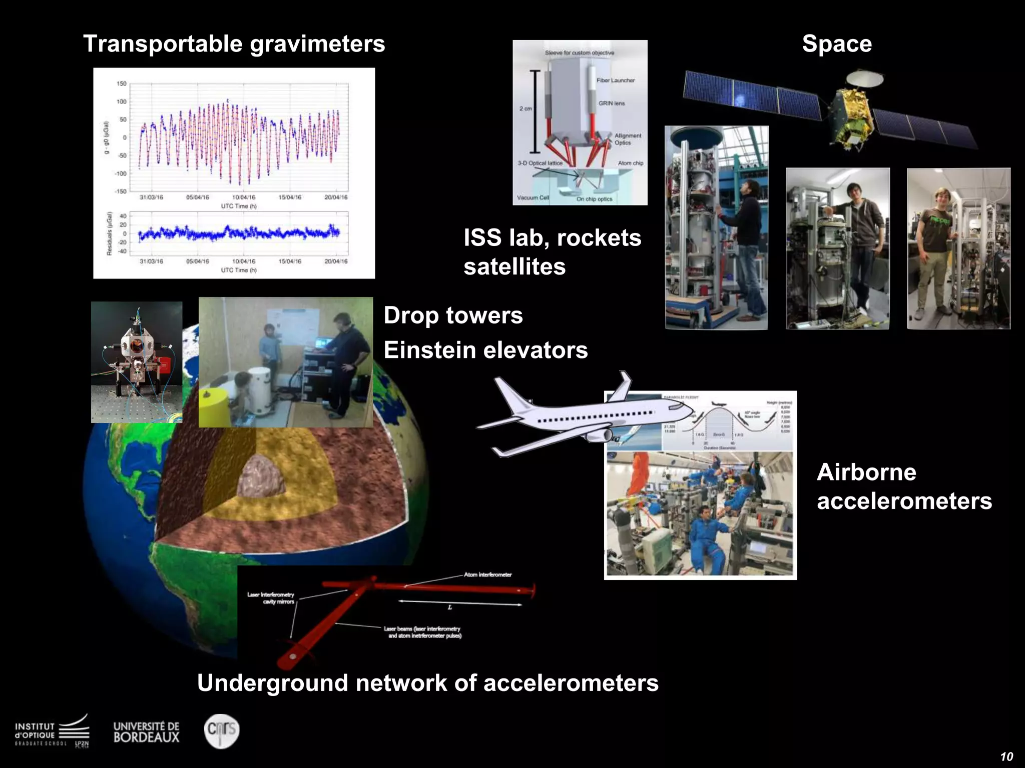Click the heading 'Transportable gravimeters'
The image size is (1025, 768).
point(234,44)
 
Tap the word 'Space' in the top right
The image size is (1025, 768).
point(837,44)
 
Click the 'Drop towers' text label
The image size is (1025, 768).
point(453,315)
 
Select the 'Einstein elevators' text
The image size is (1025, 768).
point(485,350)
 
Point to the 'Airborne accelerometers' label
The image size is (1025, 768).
point(904,486)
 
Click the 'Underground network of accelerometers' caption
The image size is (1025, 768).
point(428,683)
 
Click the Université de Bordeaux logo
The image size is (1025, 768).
point(146,732)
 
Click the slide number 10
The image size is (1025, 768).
point(1006,756)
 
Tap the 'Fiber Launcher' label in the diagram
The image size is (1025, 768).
point(615,80)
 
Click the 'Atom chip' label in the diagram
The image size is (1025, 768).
point(630,163)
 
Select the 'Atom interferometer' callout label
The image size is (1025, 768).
point(487,574)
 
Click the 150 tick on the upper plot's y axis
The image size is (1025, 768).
point(122,83)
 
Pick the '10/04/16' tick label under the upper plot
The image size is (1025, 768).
point(244,197)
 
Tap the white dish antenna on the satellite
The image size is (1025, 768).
point(864,77)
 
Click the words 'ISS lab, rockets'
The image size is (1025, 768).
point(552,238)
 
